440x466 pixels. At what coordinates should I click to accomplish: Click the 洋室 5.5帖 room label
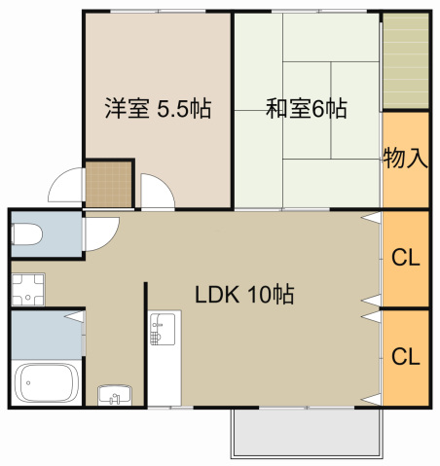coord(158,109)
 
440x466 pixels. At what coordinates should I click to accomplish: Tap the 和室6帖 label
coord(307,109)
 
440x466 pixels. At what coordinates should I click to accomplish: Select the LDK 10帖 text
coord(245,294)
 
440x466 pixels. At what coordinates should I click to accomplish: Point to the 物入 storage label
coord(405,159)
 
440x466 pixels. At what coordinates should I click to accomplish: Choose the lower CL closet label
coord(405,356)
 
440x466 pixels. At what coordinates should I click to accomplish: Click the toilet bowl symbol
coord(26,234)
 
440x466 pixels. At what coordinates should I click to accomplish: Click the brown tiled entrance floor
coord(107,183)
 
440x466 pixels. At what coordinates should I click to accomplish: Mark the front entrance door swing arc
coord(66,186)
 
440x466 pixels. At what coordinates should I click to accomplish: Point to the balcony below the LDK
coord(305,431)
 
